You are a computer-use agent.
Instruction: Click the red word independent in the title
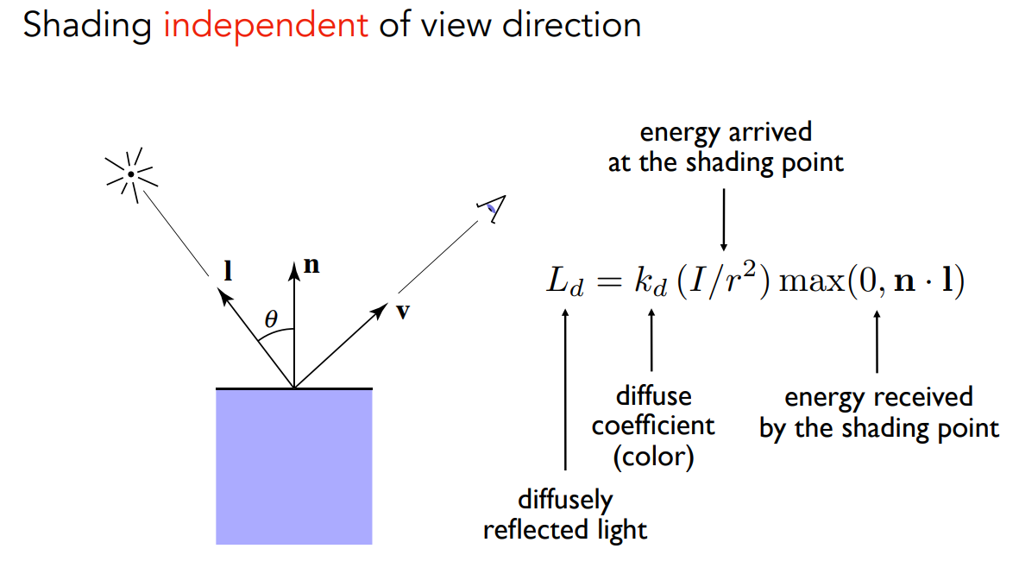click(x=265, y=25)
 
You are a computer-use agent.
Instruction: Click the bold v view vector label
click(x=402, y=311)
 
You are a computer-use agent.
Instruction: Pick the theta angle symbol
click(x=271, y=319)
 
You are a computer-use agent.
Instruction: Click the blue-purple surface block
click(x=293, y=466)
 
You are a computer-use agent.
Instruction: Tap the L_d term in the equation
click(x=565, y=283)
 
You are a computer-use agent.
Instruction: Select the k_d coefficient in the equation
click(x=651, y=283)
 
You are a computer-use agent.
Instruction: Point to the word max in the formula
click(x=808, y=283)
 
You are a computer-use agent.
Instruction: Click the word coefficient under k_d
click(x=653, y=426)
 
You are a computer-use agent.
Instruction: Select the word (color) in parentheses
click(x=653, y=455)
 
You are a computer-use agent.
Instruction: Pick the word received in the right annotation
click(x=922, y=397)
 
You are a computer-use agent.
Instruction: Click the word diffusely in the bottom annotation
click(x=565, y=499)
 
